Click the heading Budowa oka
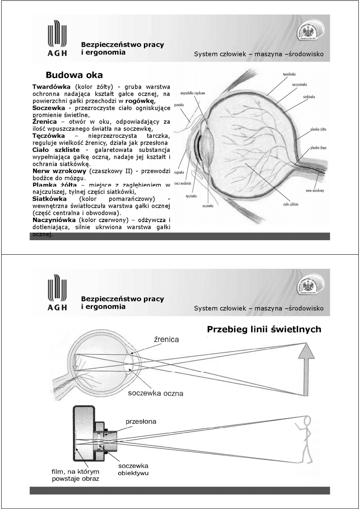(x=74, y=75)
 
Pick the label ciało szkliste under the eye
(x=290, y=204)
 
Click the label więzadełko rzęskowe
(x=194, y=93)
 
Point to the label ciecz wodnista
(x=182, y=183)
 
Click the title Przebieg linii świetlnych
(x=264, y=329)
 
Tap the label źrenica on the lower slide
(x=166, y=339)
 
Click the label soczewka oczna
(x=156, y=393)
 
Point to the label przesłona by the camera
(x=141, y=422)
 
